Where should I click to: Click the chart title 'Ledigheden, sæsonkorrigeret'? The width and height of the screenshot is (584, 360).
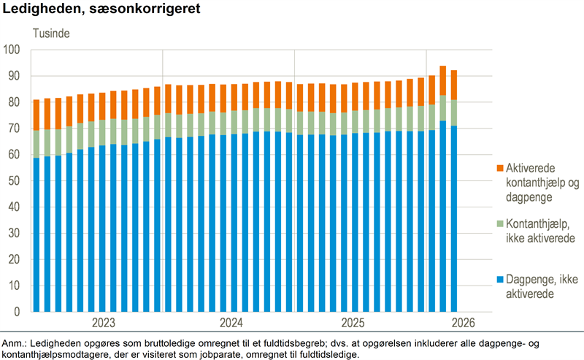pos(101,9)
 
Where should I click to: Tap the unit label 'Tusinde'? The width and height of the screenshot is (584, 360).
pos(51,33)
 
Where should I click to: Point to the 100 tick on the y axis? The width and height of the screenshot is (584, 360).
pos(12,50)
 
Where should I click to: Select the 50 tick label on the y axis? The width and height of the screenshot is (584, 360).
pos(14,181)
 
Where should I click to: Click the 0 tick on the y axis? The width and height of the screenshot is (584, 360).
pos(17,312)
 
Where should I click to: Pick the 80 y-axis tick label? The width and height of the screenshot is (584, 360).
pos(14,102)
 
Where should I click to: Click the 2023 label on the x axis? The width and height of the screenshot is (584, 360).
pos(104,322)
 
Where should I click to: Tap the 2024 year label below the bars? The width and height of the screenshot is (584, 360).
pos(231,322)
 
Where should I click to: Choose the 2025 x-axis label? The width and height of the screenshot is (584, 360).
pos(353,322)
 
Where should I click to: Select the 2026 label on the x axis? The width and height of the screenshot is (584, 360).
pos(464,322)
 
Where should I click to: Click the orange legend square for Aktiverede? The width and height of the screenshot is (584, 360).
pos(500,168)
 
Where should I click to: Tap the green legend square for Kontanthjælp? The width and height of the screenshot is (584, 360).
pos(500,223)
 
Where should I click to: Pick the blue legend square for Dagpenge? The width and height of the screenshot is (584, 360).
pos(500,279)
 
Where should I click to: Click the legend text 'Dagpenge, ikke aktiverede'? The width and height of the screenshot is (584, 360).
pos(542,286)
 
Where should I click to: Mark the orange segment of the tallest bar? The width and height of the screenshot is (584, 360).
pos(443,80)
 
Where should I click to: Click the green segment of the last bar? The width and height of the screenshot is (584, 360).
pos(453,113)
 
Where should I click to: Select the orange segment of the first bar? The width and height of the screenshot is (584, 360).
pos(36,115)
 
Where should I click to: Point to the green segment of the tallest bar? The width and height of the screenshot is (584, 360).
pos(443,108)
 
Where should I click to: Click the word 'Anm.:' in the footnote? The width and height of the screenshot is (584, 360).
pos(14,343)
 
